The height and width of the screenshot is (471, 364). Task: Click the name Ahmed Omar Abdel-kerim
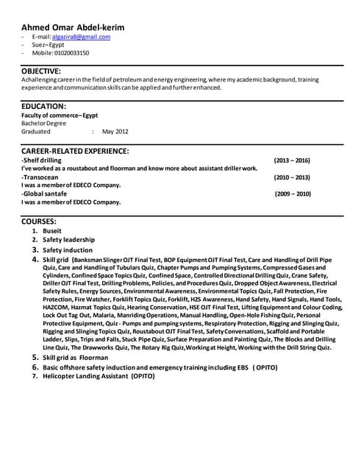pyautogui.click(x=73, y=27)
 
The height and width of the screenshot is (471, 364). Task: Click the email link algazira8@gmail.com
pyautogui.click(x=81, y=36)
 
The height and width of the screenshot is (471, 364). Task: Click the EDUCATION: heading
pyautogui.click(x=43, y=106)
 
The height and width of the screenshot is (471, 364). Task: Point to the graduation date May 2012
pyautogui.click(x=115, y=131)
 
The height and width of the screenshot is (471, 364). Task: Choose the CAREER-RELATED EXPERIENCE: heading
pyautogui.click(x=75, y=150)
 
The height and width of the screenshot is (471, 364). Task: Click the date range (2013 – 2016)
pyautogui.click(x=292, y=160)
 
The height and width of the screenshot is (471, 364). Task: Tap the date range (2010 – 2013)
pyautogui.click(x=292, y=177)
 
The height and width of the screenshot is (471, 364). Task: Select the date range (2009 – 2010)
pyautogui.click(x=293, y=194)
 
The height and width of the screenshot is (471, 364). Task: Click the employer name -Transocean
pyautogui.click(x=44, y=177)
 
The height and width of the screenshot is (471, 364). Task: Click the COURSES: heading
pyautogui.click(x=38, y=220)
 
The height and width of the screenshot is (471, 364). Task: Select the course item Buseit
pyautogui.click(x=53, y=230)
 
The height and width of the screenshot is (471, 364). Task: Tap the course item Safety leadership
pyautogui.click(x=68, y=240)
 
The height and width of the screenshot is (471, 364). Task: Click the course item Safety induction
pyautogui.click(x=68, y=250)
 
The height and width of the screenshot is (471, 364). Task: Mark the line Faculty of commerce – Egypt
pyautogui.click(x=60, y=115)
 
